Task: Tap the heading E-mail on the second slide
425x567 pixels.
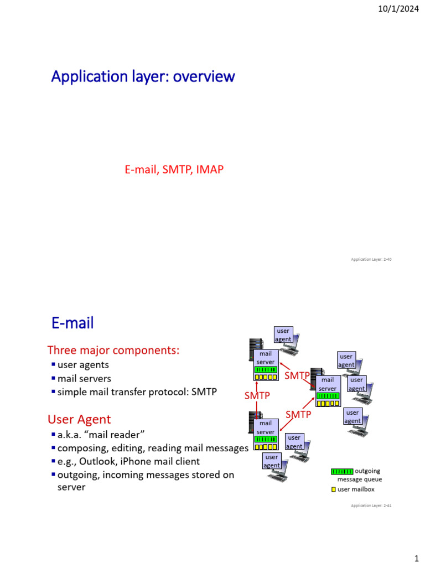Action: click(72, 323)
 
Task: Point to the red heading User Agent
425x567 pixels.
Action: click(79, 419)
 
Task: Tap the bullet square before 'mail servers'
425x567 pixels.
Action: click(53, 378)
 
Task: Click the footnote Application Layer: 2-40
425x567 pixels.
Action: click(371, 259)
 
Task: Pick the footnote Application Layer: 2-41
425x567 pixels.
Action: click(371, 506)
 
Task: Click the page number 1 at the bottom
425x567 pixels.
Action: click(416, 555)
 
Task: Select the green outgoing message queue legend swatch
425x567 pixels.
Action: click(341, 471)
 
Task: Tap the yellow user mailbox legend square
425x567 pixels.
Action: click(333, 489)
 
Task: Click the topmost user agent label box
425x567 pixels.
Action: click(283, 335)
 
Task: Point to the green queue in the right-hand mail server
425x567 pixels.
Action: click(328, 396)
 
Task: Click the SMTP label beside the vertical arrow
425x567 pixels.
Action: click(257, 396)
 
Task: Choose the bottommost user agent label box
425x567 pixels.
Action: click(272, 461)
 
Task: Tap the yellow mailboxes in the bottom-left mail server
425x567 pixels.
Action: click(266, 446)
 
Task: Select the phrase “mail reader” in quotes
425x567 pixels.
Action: click(115, 434)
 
